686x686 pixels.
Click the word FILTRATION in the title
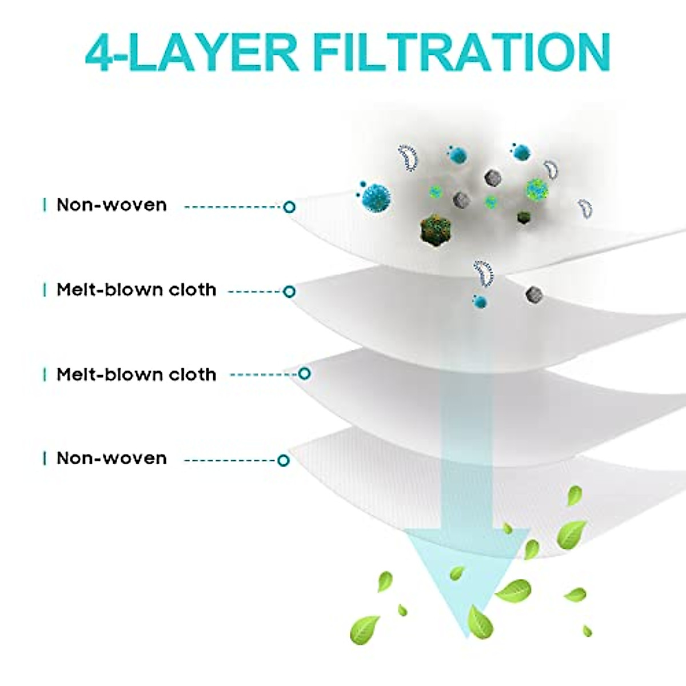[462, 52]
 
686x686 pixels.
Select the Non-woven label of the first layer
[111, 205]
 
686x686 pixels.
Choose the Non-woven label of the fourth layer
[111, 458]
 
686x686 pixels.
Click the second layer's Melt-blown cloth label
[136, 290]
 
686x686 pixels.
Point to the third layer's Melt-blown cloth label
[136, 374]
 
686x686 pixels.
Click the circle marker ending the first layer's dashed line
[289, 206]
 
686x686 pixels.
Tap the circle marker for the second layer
[289, 292]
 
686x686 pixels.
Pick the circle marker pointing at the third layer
[305, 374]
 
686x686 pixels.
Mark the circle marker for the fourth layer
[283, 460]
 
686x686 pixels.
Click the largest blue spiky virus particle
[376, 196]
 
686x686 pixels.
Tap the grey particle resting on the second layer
[533, 294]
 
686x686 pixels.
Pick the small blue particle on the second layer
[480, 301]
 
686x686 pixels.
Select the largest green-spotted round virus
[536, 188]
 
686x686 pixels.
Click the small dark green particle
[523, 217]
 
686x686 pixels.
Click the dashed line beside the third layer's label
[263, 375]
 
